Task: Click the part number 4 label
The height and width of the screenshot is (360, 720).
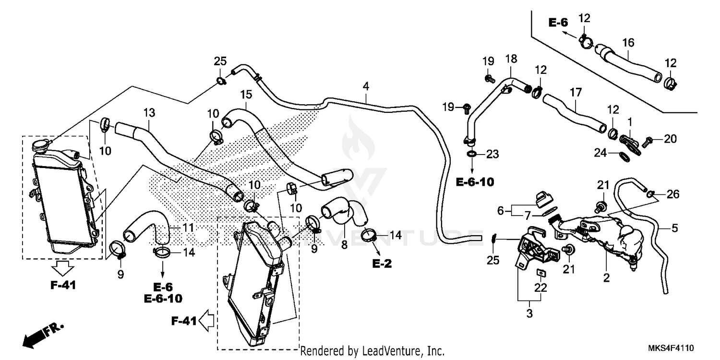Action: point(366,87)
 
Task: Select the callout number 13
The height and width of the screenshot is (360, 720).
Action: point(149,113)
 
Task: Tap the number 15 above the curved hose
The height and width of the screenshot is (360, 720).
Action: point(246,94)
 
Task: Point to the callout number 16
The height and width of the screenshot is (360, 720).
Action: point(628,43)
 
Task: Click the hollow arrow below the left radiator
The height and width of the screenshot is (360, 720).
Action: point(63,267)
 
